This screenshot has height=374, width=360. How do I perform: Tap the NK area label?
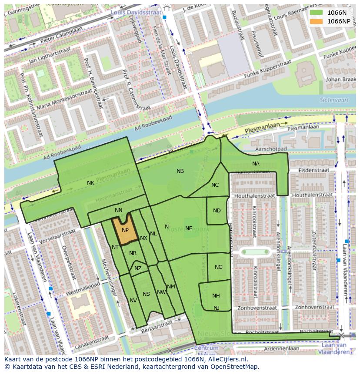(90, 183)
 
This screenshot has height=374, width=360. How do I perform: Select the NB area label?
(180, 171)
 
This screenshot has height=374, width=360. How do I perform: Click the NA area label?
(256, 164)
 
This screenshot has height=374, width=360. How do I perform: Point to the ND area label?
(217, 211)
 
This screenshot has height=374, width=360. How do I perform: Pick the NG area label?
(219, 267)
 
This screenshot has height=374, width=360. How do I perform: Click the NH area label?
(216, 296)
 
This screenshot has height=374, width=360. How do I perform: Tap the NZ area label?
(138, 268)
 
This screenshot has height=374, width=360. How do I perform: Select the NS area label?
(146, 294)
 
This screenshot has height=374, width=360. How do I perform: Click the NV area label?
(133, 301)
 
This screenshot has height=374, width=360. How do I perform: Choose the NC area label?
(215, 185)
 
